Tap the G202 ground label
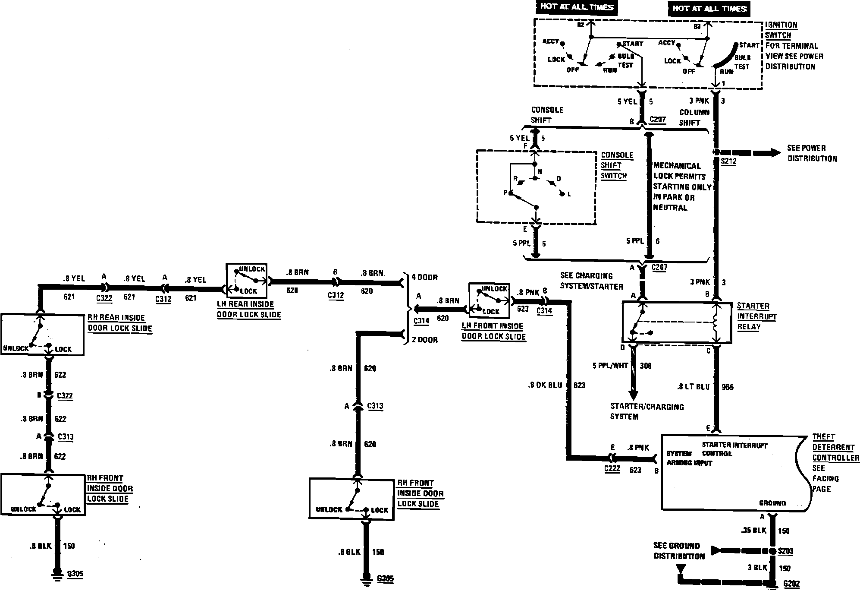click(791, 584)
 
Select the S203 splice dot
click(772, 551)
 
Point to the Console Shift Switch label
click(617, 165)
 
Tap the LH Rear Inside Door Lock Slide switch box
click(247, 280)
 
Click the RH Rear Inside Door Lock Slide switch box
click(42, 335)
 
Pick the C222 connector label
click(612, 469)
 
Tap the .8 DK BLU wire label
click(545, 385)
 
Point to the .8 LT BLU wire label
click(693, 387)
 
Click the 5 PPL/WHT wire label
click(611, 366)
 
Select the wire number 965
click(728, 387)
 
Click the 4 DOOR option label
click(424, 277)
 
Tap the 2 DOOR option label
click(424, 340)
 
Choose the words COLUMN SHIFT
click(694, 117)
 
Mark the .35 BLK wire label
click(753, 531)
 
